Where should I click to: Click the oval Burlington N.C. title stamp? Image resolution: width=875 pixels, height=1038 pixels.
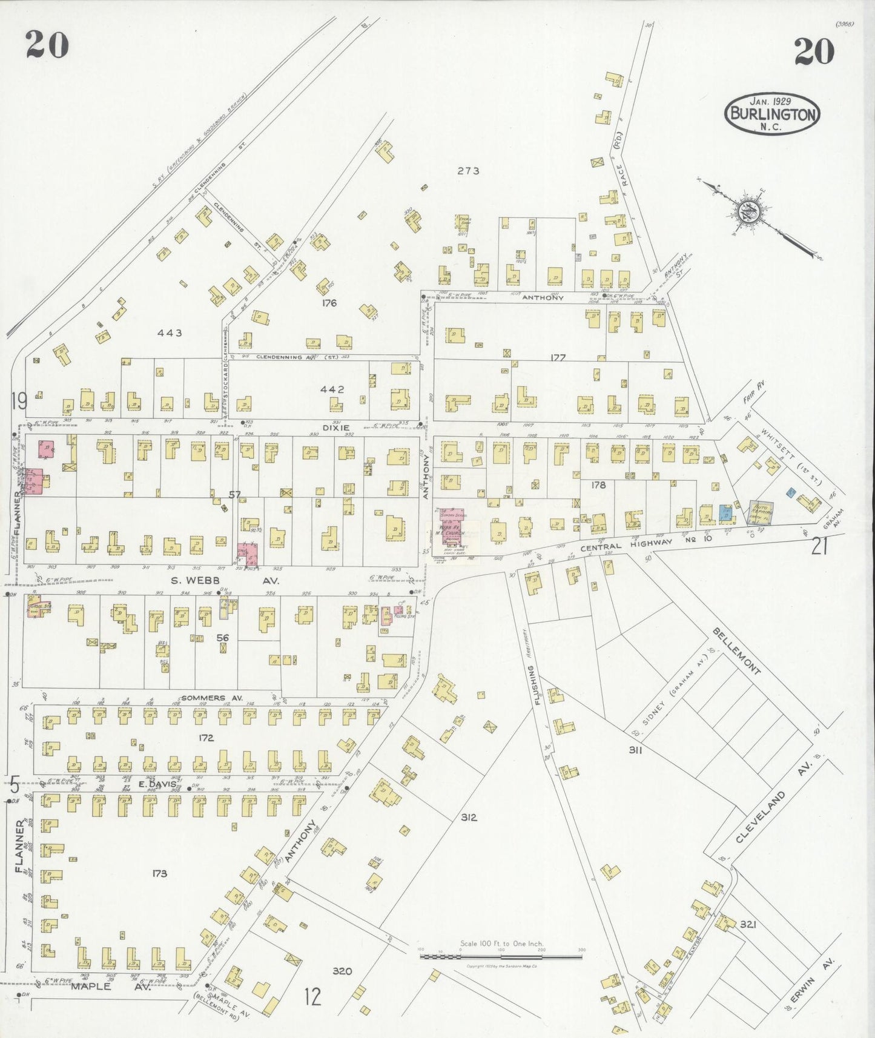(x=773, y=113)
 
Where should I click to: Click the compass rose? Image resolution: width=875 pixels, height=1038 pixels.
(x=747, y=212)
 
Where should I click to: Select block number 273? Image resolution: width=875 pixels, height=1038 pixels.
(x=468, y=171)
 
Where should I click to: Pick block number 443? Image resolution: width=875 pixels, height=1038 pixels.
(x=170, y=332)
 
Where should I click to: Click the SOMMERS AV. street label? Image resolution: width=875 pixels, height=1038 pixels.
(x=212, y=698)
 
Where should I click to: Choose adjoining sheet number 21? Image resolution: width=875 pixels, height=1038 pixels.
(x=819, y=547)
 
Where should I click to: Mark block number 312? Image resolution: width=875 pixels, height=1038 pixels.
(x=469, y=817)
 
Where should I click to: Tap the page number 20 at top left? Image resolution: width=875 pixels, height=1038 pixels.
(x=47, y=45)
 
